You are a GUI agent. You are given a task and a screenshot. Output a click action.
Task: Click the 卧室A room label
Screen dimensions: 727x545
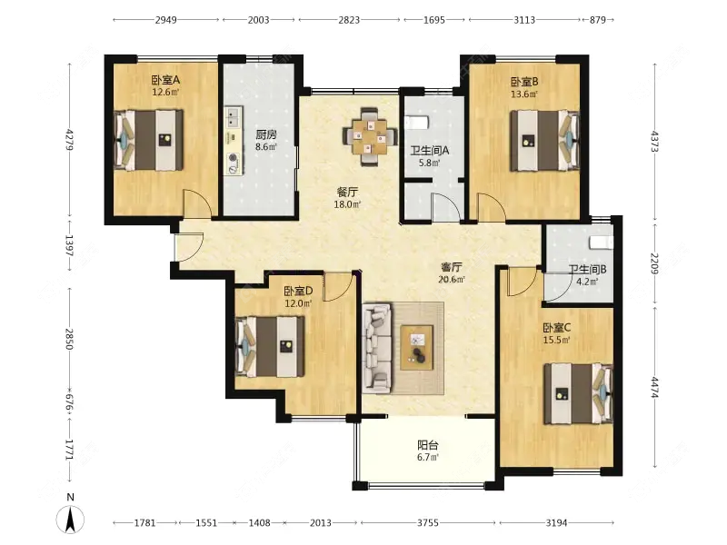coord(165,80)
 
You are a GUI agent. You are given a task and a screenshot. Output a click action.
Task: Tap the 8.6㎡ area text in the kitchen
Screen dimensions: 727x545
coord(266,147)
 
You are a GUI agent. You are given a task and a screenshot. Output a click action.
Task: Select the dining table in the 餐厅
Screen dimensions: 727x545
coord(370,136)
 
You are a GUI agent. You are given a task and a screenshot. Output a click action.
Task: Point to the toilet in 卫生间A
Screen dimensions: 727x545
coord(416,123)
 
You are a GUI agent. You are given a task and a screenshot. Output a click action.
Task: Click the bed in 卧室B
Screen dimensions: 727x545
coord(544,141)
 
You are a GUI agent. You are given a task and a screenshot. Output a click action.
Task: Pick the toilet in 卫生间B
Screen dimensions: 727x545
coord(601,243)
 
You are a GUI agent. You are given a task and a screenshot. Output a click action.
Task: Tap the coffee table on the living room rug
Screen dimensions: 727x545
coord(417,348)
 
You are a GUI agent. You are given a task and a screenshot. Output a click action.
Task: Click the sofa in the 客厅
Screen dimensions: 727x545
coord(377,347)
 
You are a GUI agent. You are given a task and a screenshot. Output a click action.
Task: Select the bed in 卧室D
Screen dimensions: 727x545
coord(270,346)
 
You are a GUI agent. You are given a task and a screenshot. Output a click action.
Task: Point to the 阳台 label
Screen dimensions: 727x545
coord(427,445)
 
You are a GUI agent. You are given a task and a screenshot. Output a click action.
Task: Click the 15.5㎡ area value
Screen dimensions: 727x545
coord(556,340)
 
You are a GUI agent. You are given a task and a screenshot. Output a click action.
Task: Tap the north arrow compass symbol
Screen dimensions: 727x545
coord(70,519)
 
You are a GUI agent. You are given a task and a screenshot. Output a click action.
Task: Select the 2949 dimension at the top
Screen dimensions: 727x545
coord(166,20)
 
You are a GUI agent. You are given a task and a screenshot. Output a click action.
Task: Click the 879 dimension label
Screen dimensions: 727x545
coord(598,20)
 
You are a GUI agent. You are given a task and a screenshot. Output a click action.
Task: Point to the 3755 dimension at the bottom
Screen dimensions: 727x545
coord(427,523)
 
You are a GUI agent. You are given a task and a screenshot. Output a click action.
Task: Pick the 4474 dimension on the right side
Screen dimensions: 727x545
coord(654,387)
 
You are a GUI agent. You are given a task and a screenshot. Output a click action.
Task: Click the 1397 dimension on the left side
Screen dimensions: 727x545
coord(69,245)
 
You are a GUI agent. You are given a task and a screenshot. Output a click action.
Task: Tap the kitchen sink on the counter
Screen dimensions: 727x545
coord(234,117)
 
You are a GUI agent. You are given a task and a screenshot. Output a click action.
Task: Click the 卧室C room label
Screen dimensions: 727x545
coord(557,328)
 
